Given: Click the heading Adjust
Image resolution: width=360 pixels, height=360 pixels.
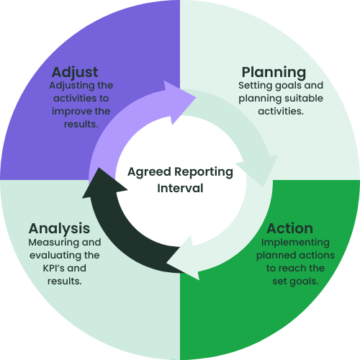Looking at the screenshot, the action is (x=75, y=72).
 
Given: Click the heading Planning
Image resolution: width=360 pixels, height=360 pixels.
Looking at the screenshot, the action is (x=274, y=72).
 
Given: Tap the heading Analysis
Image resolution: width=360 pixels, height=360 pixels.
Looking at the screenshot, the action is (x=59, y=228).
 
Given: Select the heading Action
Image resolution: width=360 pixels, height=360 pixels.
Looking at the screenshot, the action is (x=289, y=228).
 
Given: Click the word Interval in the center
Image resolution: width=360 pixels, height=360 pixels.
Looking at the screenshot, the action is (x=180, y=188).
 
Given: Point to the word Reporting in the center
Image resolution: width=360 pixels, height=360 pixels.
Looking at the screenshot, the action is (x=204, y=172).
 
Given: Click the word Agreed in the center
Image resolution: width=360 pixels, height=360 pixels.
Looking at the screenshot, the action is (x=149, y=172).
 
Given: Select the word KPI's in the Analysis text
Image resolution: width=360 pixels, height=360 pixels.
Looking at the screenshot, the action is (x=54, y=268).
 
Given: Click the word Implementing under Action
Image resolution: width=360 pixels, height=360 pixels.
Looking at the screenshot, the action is (x=295, y=243).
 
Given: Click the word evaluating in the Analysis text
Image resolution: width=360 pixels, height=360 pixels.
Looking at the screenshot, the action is (x=55, y=256).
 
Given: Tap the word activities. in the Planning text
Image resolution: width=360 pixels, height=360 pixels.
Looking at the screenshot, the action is (x=281, y=112).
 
